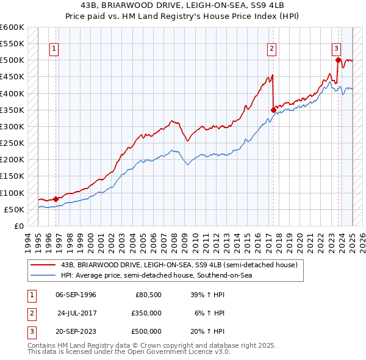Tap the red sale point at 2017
[273, 110]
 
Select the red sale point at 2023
[338, 60]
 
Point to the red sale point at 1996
[56, 198]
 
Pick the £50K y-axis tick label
[15, 209]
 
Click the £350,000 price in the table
[146, 313]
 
